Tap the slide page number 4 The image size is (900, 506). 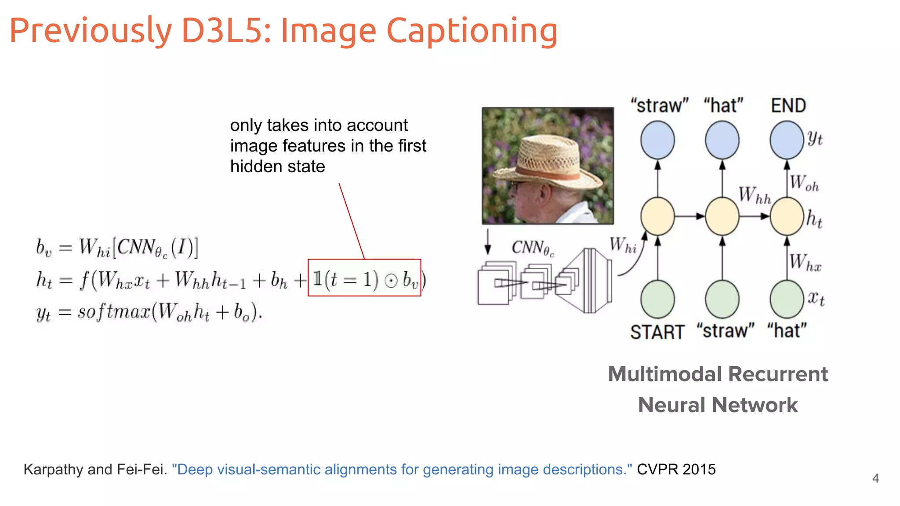(x=875, y=478)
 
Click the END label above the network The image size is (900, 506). (x=788, y=105)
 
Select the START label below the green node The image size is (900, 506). (x=657, y=332)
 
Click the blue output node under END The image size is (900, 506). (x=787, y=140)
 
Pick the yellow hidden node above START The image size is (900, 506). (x=657, y=216)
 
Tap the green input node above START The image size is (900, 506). (x=657, y=299)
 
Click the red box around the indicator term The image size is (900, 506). (x=364, y=278)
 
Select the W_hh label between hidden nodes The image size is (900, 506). (x=755, y=195)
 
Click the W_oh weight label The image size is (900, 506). (x=804, y=183)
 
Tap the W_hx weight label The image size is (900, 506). (x=805, y=262)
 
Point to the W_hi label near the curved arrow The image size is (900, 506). (x=623, y=245)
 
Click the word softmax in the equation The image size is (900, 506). (x=114, y=312)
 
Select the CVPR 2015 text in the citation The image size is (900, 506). (x=676, y=469)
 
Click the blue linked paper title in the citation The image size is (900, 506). (x=402, y=469)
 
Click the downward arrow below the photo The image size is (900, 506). (x=487, y=242)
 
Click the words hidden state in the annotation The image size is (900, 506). (x=277, y=166)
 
